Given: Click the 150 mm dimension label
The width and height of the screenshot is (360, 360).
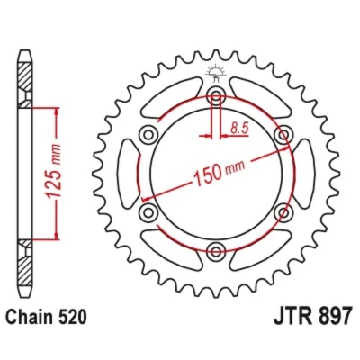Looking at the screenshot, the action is point(220,173).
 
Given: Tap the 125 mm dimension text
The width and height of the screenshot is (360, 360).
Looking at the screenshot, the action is point(54,171).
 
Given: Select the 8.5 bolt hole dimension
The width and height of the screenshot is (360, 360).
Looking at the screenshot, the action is point(239,129).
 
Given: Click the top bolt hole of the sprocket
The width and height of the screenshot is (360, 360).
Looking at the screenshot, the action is point(216,95).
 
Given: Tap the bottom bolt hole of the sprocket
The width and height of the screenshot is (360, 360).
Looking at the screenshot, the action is point(216,251).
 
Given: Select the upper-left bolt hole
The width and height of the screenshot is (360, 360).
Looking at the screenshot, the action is point(148,135).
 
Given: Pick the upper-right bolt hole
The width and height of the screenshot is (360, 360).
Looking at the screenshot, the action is point(283,135).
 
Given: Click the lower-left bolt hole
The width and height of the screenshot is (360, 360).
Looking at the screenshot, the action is point(148,212).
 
